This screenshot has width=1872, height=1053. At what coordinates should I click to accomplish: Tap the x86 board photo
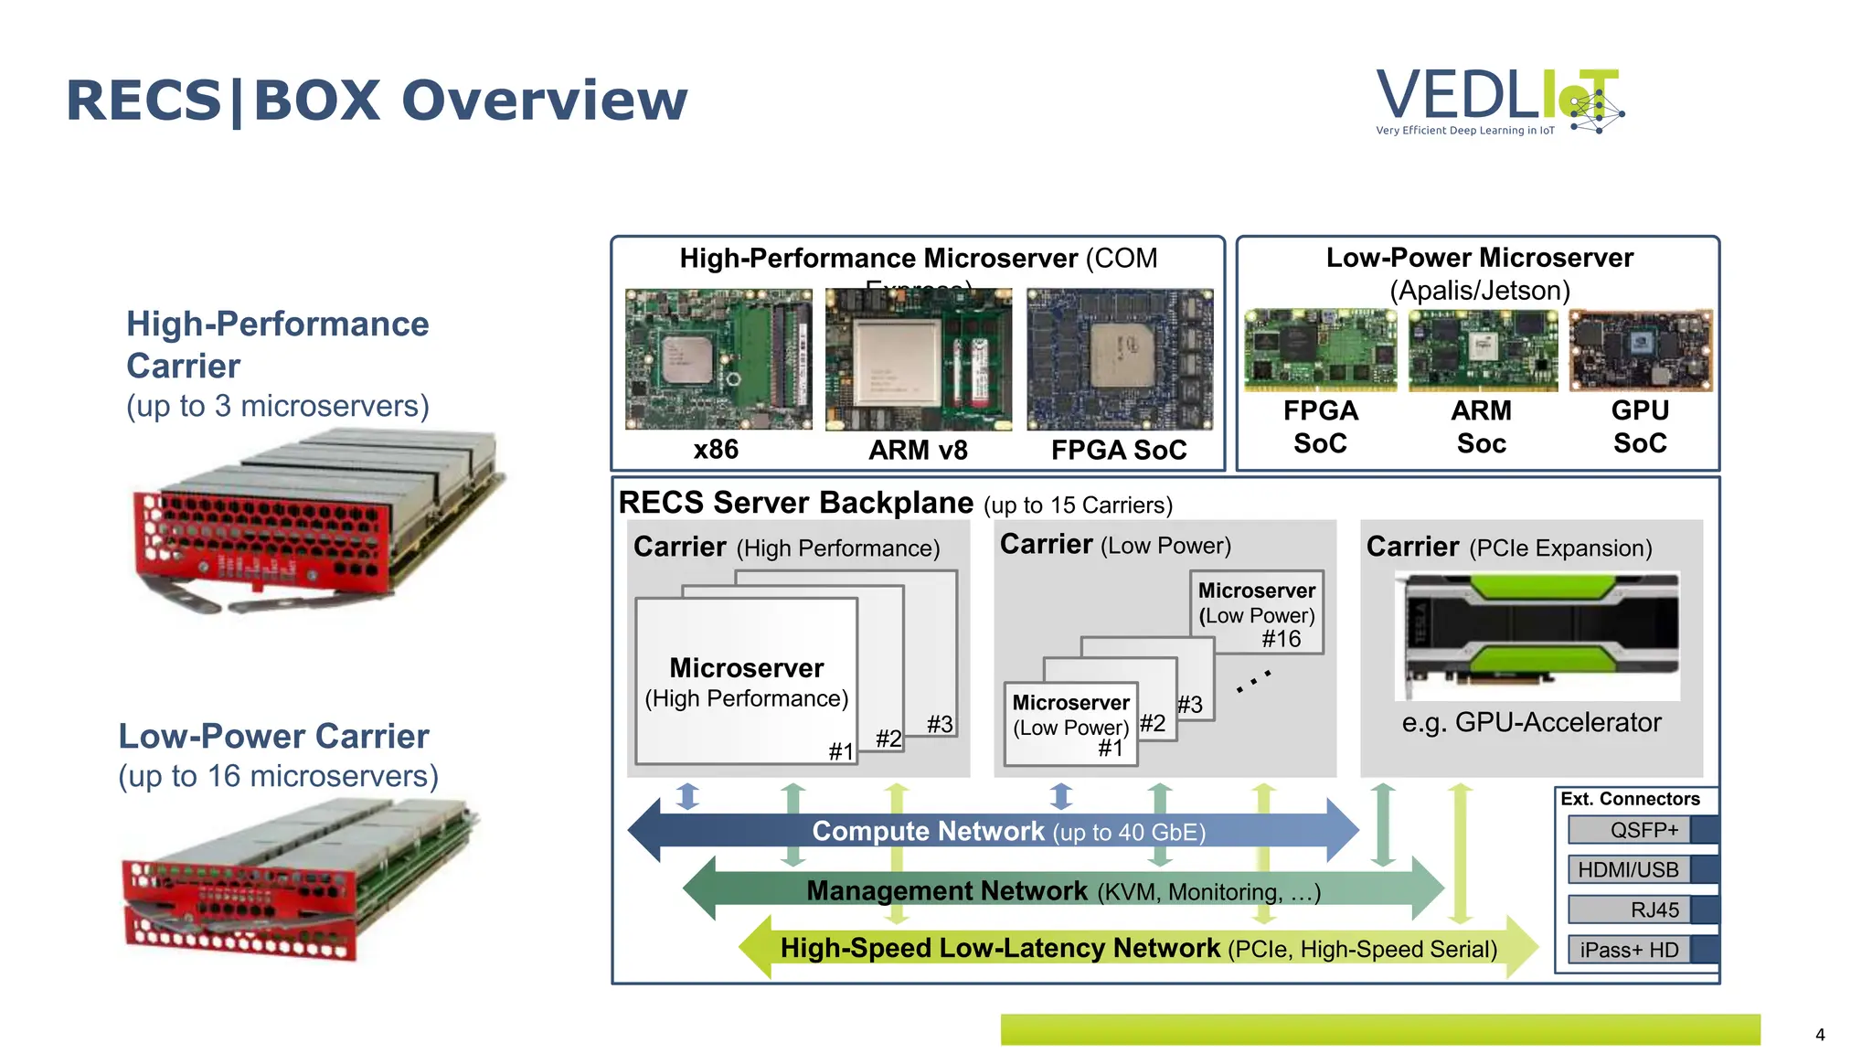tap(718, 359)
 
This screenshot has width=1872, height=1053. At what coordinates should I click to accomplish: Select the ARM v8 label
tap(918, 450)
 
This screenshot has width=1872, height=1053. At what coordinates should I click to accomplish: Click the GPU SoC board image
tap(1641, 350)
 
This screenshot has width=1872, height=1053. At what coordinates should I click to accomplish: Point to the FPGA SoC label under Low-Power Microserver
tap(1320, 427)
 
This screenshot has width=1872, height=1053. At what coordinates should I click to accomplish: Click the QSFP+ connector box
tap(1630, 830)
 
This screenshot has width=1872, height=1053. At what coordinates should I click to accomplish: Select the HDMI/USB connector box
tap(1630, 869)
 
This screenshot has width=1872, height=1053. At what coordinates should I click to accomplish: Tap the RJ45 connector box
tap(1630, 909)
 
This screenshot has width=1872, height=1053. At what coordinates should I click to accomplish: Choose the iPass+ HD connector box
tap(1630, 950)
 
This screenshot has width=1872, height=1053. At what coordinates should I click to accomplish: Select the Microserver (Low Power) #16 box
tap(1257, 613)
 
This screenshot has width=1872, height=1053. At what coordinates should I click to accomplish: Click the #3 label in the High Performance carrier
tap(940, 724)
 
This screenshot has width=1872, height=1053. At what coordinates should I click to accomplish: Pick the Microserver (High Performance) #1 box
tap(746, 682)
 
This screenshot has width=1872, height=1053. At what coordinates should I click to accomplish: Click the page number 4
tap(1819, 1035)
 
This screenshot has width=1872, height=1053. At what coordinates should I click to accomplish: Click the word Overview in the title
tap(544, 101)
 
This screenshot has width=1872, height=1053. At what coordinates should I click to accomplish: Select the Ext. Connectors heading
tap(1630, 799)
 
